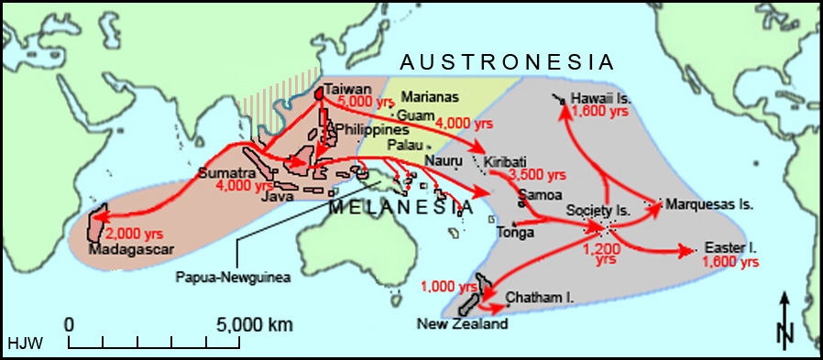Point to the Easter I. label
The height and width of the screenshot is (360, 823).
(730, 248)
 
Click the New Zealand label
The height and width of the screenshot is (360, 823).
(461, 323)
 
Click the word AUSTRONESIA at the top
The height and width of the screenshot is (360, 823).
(506, 62)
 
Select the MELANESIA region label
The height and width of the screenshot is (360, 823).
(401, 207)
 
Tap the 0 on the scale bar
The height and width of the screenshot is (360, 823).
(70, 324)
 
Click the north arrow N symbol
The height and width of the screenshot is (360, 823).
(785, 335)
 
